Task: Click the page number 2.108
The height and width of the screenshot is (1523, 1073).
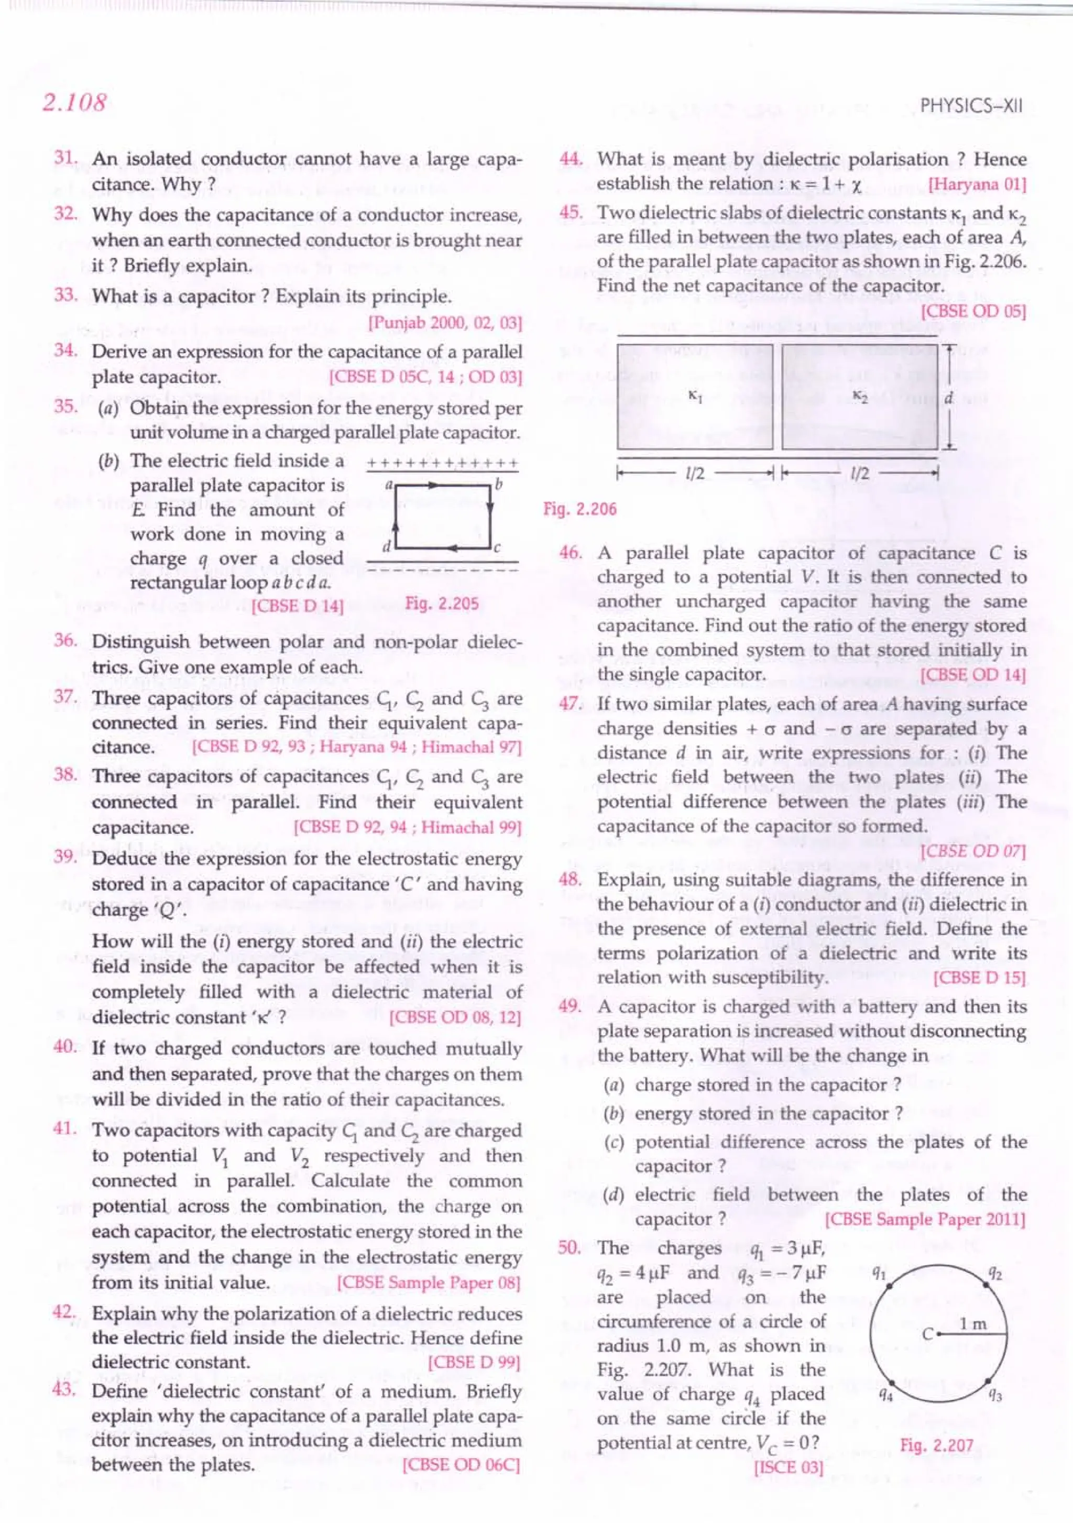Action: [x=74, y=104]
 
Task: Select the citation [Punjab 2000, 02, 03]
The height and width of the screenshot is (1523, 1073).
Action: [x=445, y=323]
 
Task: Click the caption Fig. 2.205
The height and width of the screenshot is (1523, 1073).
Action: [x=442, y=604]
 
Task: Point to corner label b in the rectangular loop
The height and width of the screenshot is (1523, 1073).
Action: [x=499, y=484]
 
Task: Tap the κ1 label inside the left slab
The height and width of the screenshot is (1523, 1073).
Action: [x=694, y=396]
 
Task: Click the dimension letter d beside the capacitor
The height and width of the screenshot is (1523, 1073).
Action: [x=948, y=398]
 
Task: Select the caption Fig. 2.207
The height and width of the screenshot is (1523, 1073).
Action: [x=936, y=1445]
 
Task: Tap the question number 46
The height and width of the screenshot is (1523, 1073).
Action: [x=571, y=553]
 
